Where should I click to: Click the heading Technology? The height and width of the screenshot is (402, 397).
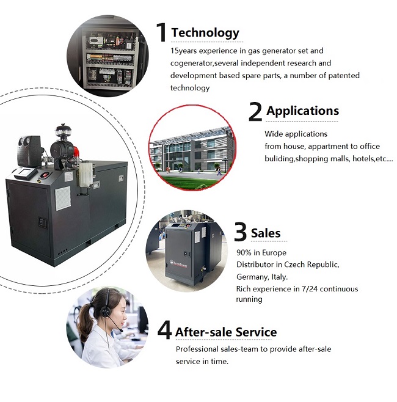click(205, 32)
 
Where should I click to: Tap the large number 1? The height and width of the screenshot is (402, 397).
click(161, 32)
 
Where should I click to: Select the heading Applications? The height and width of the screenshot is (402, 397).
click(302, 111)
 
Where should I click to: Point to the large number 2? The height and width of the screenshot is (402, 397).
click(255, 112)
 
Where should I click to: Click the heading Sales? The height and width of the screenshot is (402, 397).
click(266, 233)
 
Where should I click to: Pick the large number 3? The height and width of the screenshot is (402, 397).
click(241, 233)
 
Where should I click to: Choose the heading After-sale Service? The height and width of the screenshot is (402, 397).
click(226, 332)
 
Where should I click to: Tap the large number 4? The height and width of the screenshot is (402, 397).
click(164, 331)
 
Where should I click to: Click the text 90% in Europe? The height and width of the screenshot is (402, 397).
click(261, 252)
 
